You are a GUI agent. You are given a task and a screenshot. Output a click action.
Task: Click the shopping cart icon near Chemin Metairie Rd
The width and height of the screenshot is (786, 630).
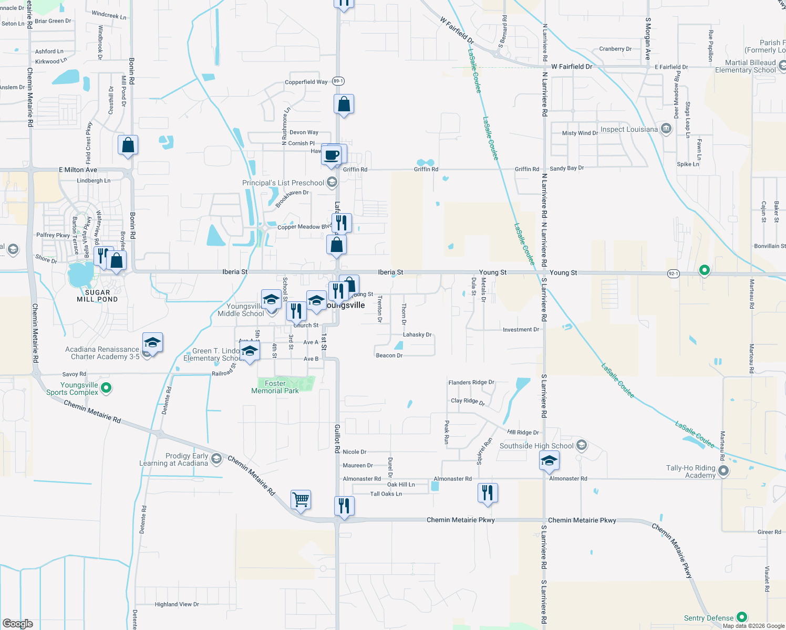coord(301,499)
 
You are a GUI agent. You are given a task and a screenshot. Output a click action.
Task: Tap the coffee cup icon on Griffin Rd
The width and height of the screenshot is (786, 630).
coord(332,155)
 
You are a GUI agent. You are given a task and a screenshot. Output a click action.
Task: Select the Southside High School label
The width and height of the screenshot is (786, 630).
coord(536,446)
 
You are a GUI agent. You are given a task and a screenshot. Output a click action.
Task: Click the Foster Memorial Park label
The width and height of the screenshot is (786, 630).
coord(275,387)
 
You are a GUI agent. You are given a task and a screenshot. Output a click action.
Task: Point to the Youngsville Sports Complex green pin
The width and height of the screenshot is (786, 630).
coord(106,388)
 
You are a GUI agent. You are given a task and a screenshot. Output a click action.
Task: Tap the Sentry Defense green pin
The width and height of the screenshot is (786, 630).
coord(741,617)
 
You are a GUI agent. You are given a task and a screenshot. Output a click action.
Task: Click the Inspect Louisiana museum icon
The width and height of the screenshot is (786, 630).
coord(666,129)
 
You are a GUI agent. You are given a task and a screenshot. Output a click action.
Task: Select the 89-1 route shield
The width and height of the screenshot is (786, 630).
coord(338,81)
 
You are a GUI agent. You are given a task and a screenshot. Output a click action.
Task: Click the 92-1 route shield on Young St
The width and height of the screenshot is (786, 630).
coord(674,274)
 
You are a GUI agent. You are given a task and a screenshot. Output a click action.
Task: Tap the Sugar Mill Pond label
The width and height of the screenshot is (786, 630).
coord(97,296)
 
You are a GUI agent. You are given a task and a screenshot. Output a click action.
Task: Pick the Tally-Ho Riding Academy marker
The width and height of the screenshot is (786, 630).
coord(723,470)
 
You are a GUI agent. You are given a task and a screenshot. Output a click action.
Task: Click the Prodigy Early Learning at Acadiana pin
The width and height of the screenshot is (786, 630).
coord(216,459)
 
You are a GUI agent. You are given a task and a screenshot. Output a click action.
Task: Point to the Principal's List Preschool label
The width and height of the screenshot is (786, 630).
coord(283,183)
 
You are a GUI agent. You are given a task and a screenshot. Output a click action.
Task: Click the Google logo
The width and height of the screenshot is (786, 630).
coord(18,623)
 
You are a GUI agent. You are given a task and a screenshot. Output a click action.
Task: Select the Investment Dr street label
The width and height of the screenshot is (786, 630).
coord(521,330)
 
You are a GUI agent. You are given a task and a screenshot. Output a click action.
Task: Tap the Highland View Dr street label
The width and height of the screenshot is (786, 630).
coord(177,604)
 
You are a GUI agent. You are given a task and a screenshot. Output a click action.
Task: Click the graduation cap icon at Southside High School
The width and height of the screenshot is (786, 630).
coord(549,460)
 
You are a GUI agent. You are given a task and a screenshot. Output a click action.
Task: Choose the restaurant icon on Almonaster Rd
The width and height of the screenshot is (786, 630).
coord(488,492)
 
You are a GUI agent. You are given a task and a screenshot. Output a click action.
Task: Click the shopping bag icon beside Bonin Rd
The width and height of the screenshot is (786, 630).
coord(128,145)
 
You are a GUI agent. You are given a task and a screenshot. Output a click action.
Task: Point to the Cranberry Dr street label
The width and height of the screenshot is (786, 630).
coord(615,49)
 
